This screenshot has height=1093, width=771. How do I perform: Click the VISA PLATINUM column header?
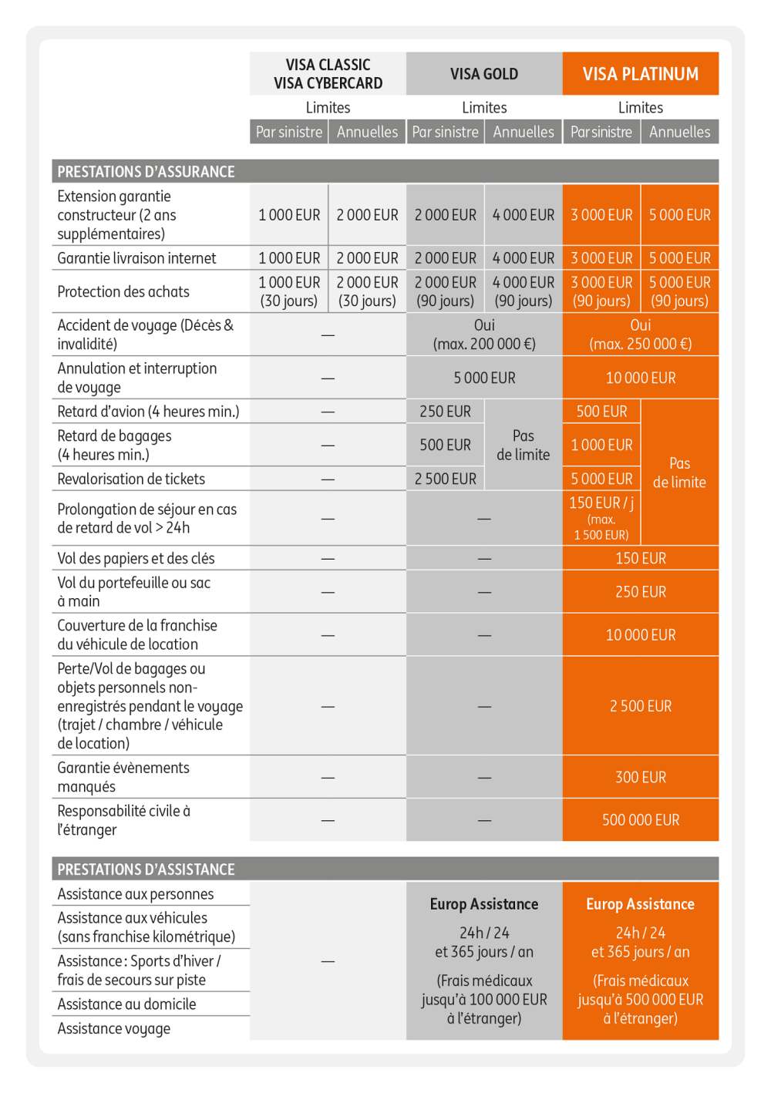pyautogui.click(x=640, y=74)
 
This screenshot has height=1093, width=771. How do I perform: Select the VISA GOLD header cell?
pyautogui.click(x=483, y=74)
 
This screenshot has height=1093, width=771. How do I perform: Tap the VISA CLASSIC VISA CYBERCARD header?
pyautogui.click(x=328, y=74)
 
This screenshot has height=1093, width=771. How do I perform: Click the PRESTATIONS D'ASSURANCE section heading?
pyautogui.click(x=146, y=172)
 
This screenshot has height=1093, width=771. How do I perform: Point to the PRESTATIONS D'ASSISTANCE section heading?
pyautogui.click(x=146, y=869)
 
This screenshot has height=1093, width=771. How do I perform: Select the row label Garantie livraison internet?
pyautogui.click(x=136, y=258)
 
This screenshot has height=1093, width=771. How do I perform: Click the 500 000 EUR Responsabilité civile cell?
pyautogui.click(x=640, y=820)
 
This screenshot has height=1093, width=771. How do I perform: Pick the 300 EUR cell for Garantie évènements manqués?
pyautogui.click(x=640, y=777)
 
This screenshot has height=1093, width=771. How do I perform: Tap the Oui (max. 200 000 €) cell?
pyautogui.click(x=483, y=335)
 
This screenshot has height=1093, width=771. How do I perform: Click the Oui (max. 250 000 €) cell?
pyautogui.click(x=640, y=335)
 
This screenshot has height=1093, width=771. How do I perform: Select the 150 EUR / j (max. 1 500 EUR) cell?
pyautogui.click(x=601, y=518)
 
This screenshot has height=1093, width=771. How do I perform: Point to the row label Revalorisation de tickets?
pyautogui.click(x=131, y=479)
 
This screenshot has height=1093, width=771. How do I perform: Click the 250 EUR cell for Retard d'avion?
pyautogui.click(x=445, y=412)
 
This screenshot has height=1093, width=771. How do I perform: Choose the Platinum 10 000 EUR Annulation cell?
pyautogui.click(x=640, y=378)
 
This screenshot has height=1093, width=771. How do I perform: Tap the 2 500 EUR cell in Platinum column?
pyautogui.click(x=640, y=706)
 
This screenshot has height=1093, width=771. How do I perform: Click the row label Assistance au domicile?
pyautogui.click(x=126, y=1004)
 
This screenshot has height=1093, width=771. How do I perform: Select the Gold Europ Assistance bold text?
pyautogui.click(x=483, y=904)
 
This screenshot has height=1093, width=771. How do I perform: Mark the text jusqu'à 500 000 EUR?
pyautogui.click(x=640, y=1000)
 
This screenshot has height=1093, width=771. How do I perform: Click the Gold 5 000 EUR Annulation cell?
pyautogui.click(x=483, y=378)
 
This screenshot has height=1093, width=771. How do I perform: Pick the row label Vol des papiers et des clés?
pyautogui.click(x=136, y=558)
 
